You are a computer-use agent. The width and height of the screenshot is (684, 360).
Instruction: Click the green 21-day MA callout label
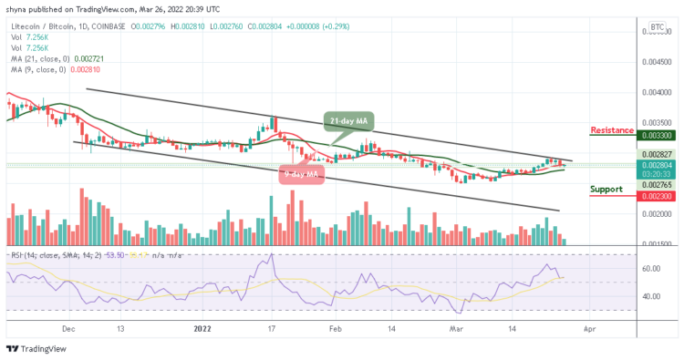coord(347,122)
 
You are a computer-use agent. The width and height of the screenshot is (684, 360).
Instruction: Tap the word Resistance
coord(612,130)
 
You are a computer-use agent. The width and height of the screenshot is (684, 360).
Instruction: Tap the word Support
coord(606,190)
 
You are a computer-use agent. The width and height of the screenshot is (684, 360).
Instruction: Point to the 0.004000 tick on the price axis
coord(656,92)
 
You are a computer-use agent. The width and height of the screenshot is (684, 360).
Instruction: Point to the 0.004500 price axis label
coord(656,62)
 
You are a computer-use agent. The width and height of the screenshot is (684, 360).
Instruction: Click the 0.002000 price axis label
coord(656,214)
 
